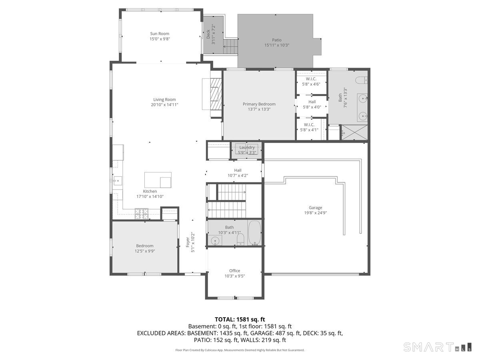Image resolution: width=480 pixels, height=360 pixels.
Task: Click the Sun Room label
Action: tap(160, 34)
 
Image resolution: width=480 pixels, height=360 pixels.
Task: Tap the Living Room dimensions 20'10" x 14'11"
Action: tap(164, 105)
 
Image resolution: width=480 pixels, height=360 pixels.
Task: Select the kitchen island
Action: tap(158, 180)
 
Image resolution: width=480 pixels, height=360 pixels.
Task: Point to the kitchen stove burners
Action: tap(142, 214)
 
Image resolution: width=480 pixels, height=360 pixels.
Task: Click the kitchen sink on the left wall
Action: tap(117, 181)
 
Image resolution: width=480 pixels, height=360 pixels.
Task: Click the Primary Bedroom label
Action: tap(259, 104)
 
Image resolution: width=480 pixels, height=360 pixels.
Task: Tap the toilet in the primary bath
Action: tap(361, 80)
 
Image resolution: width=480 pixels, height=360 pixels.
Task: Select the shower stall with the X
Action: tap(354, 132)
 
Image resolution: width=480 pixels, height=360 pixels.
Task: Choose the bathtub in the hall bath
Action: tap(255, 232)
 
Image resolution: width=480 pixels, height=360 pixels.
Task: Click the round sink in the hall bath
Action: tap(215, 241)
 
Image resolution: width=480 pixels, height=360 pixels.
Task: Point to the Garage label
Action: tap(315, 208)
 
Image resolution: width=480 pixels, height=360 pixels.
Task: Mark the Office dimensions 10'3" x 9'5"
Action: tap(235, 276)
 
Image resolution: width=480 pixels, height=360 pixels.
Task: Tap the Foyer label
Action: tap(188, 242)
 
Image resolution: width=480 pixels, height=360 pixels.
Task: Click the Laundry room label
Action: tap(247, 148)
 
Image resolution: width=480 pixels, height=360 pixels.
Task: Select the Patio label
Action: tap(277, 40)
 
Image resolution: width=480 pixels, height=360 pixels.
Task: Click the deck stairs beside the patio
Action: tap(230, 46)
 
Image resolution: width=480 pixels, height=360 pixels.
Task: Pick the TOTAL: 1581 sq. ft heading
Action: tap(240, 319)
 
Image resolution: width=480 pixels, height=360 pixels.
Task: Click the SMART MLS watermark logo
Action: tap(437, 347)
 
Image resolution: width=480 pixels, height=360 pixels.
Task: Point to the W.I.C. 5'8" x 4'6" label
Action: tap(311, 82)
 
